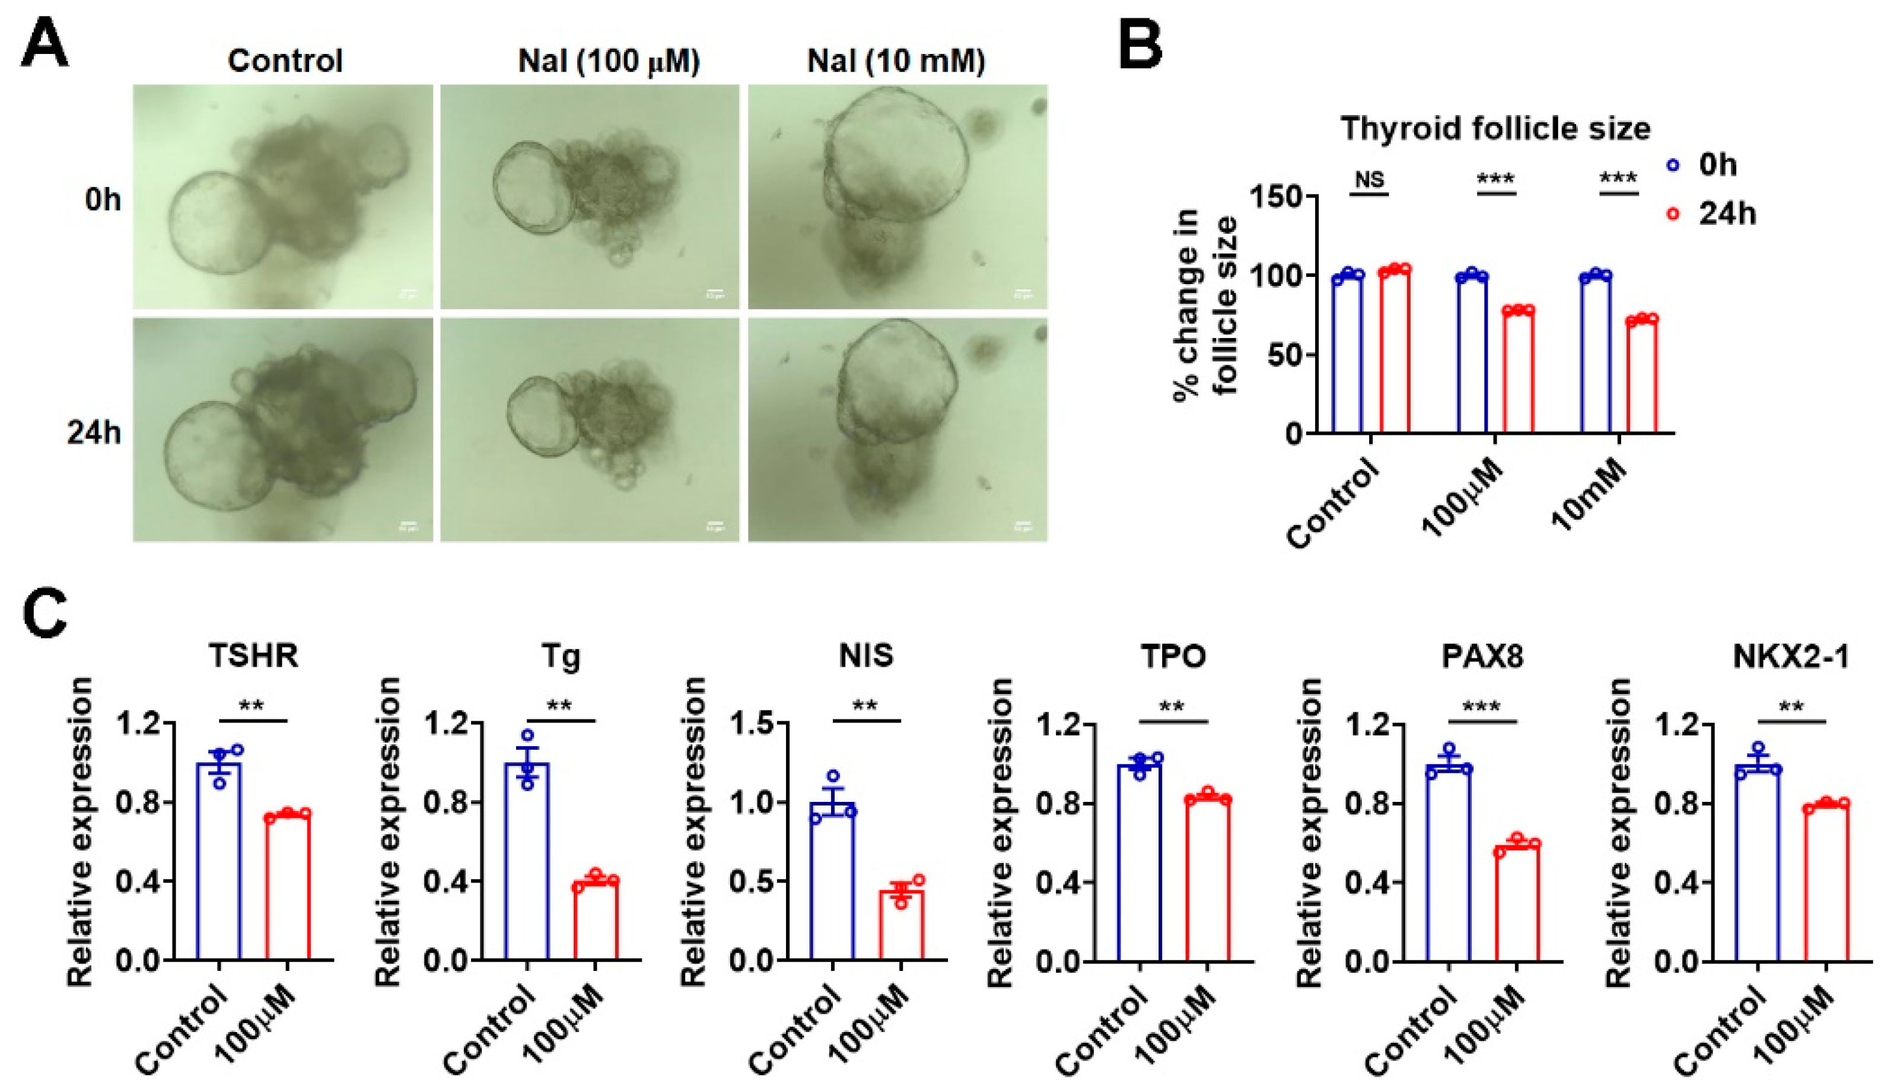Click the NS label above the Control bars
[1369, 179]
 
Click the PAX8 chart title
[1482, 656]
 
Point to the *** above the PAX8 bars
[1482, 705]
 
